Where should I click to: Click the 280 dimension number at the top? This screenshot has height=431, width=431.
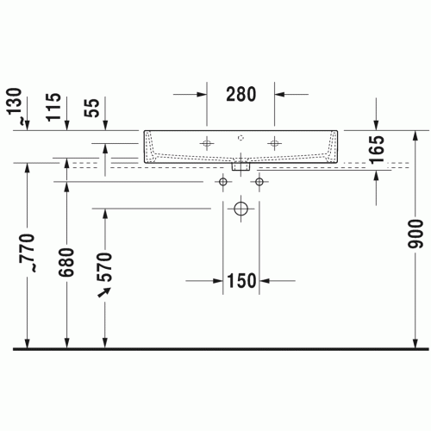[x=240, y=94]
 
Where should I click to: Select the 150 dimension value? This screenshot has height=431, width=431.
[x=241, y=281]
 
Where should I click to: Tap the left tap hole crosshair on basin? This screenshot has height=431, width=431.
[x=208, y=142]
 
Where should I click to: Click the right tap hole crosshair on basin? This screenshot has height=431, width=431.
[x=274, y=142]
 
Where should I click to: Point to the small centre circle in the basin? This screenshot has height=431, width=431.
[x=241, y=137]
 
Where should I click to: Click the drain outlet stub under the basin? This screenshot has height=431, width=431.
[x=241, y=167]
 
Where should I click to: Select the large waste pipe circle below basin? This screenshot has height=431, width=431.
[x=241, y=208]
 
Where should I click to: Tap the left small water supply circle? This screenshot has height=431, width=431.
[x=223, y=182]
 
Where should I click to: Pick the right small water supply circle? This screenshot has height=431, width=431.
[x=259, y=182]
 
